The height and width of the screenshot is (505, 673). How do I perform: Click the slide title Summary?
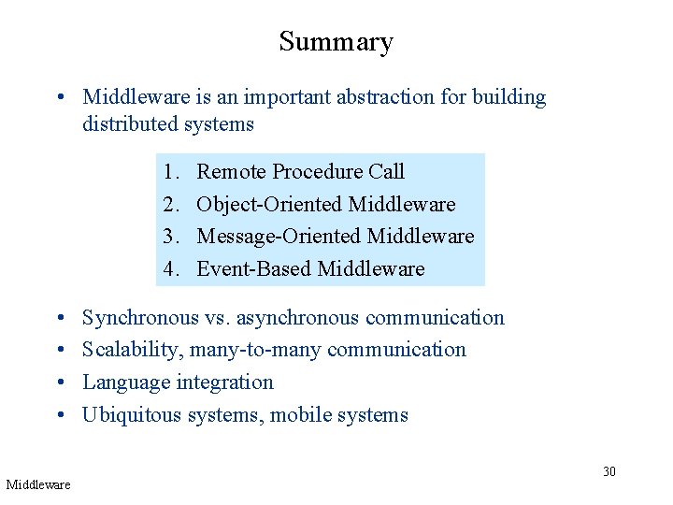pos(336,42)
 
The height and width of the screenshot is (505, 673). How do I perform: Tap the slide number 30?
pos(609,471)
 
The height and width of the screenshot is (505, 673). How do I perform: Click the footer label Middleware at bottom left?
pos(38,484)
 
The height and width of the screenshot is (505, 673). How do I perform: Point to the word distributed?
pos(127,123)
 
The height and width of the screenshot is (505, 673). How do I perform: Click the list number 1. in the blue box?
pos(170,172)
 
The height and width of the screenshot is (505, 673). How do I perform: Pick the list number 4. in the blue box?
pos(170,269)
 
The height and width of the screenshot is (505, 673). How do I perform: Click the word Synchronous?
pos(140,318)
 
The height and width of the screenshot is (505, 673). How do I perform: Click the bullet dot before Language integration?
pos(59,383)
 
